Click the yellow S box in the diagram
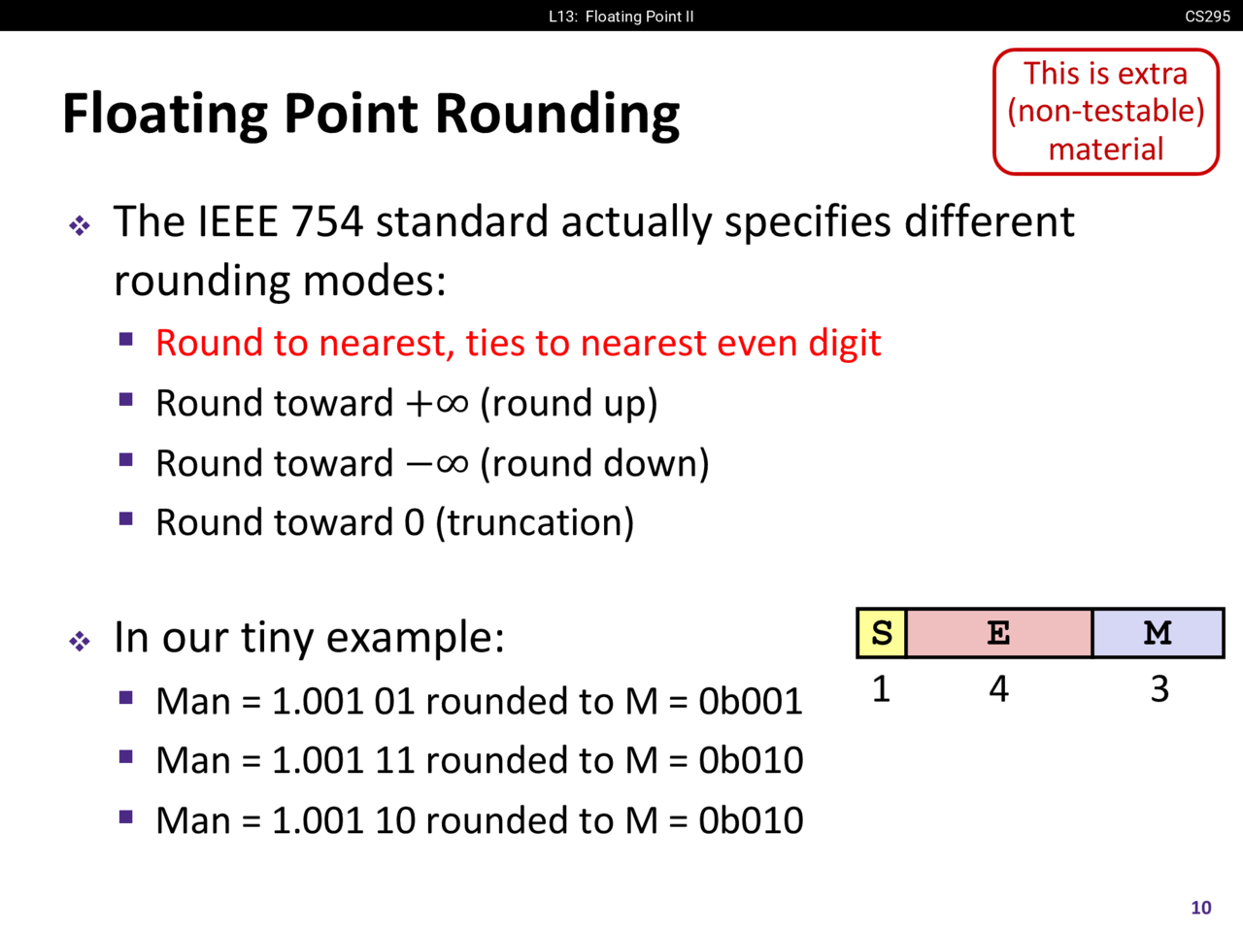(882, 633)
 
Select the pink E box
(999, 633)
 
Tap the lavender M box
(1158, 633)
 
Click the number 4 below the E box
(999, 689)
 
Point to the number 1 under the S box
(881, 689)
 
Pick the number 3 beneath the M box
(1159, 689)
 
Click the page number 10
(1201, 908)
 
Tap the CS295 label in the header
(1207, 16)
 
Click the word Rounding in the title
(557, 116)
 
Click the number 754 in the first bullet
(326, 221)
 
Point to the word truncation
(535, 522)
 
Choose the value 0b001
(751, 702)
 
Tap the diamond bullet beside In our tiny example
(80, 641)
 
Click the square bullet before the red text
(125, 339)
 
